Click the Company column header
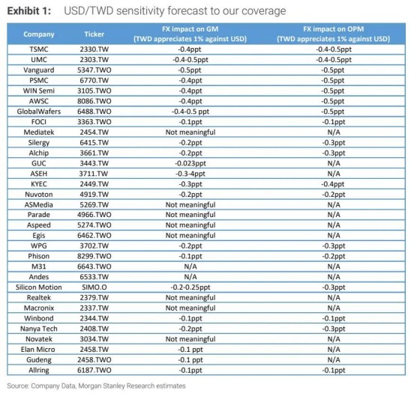click(x=39, y=34)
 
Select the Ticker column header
click(x=94, y=34)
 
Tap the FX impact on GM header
click(x=190, y=29)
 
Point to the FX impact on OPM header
click(x=334, y=29)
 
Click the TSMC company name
click(x=39, y=49)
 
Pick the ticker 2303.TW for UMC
click(x=94, y=60)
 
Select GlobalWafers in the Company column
click(x=39, y=112)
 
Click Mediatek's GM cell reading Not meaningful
click(x=190, y=132)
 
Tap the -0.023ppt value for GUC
click(x=190, y=163)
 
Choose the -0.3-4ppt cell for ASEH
click(x=190, y=174)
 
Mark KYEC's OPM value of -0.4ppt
click(x=334, y=184)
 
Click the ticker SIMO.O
click(x=94, y=287)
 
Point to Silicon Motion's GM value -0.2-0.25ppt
click(x=190, y=287)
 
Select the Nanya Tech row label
click(x=39, y=329)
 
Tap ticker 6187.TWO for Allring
click(x=94, y=370)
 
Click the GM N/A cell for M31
click(x=190, y=266)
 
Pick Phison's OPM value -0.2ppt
click(x=334, y=256)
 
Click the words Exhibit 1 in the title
click(x=28, y=11)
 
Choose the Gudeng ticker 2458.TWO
click(x=94, y=359)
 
